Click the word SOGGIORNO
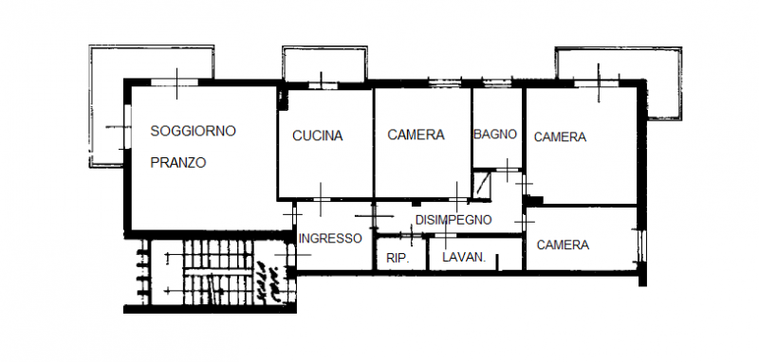[193, 131]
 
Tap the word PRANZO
[178, 162]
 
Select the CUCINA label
[317, 136]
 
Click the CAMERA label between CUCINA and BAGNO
[416, 135]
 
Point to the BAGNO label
[495, 135]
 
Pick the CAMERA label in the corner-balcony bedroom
[560, 137]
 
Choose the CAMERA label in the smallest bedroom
[563, 244]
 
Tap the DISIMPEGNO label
[453, 220]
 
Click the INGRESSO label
[329, 239]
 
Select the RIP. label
[397, 257]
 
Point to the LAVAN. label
[464, 257]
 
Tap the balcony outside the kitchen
[324, 64]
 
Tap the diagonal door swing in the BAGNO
[483, 183]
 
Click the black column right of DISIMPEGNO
[532, 201]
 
